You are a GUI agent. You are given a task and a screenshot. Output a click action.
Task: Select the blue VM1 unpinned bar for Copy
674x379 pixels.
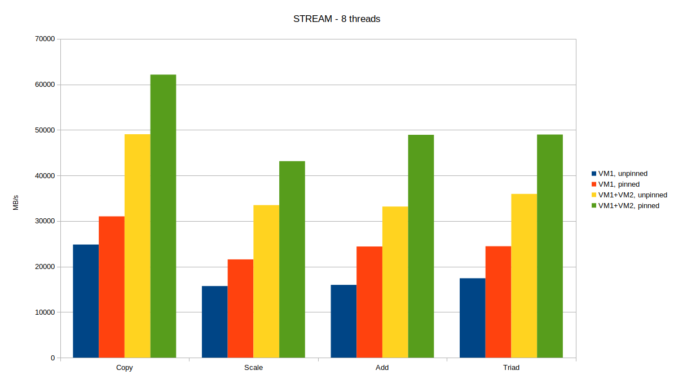86,301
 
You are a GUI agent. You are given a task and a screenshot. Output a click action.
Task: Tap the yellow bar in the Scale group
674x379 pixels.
266,281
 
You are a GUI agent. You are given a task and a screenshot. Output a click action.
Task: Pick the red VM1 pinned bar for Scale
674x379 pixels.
240,309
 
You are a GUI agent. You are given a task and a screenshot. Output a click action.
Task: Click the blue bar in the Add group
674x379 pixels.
343,321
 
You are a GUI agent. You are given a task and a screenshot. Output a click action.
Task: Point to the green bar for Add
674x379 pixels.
421,246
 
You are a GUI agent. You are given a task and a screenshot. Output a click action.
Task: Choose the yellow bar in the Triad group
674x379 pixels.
524,276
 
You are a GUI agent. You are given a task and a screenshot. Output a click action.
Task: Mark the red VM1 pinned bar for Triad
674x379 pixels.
498,302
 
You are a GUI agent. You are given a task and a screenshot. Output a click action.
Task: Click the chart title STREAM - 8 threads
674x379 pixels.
337,19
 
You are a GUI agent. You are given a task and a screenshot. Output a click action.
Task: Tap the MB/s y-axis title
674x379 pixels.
16,202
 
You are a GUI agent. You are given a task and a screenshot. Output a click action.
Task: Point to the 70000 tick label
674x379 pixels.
45,39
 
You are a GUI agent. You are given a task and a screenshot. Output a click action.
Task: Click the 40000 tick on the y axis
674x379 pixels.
45,176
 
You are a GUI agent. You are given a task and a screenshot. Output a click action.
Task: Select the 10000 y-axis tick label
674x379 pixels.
45,312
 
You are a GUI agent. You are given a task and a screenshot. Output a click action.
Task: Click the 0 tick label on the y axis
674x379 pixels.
52,358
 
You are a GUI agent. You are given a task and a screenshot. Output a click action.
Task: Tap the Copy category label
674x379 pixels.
124,368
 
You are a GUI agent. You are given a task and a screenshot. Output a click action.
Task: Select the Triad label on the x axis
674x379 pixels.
511,368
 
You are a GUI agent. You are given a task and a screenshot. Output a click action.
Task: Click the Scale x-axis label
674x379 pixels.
253,368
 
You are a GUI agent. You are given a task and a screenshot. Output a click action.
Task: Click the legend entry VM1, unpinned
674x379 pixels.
623,174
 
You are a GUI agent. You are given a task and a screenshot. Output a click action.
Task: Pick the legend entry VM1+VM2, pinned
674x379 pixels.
628,206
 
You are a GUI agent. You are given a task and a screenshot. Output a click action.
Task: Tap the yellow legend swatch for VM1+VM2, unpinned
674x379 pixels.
593,195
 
